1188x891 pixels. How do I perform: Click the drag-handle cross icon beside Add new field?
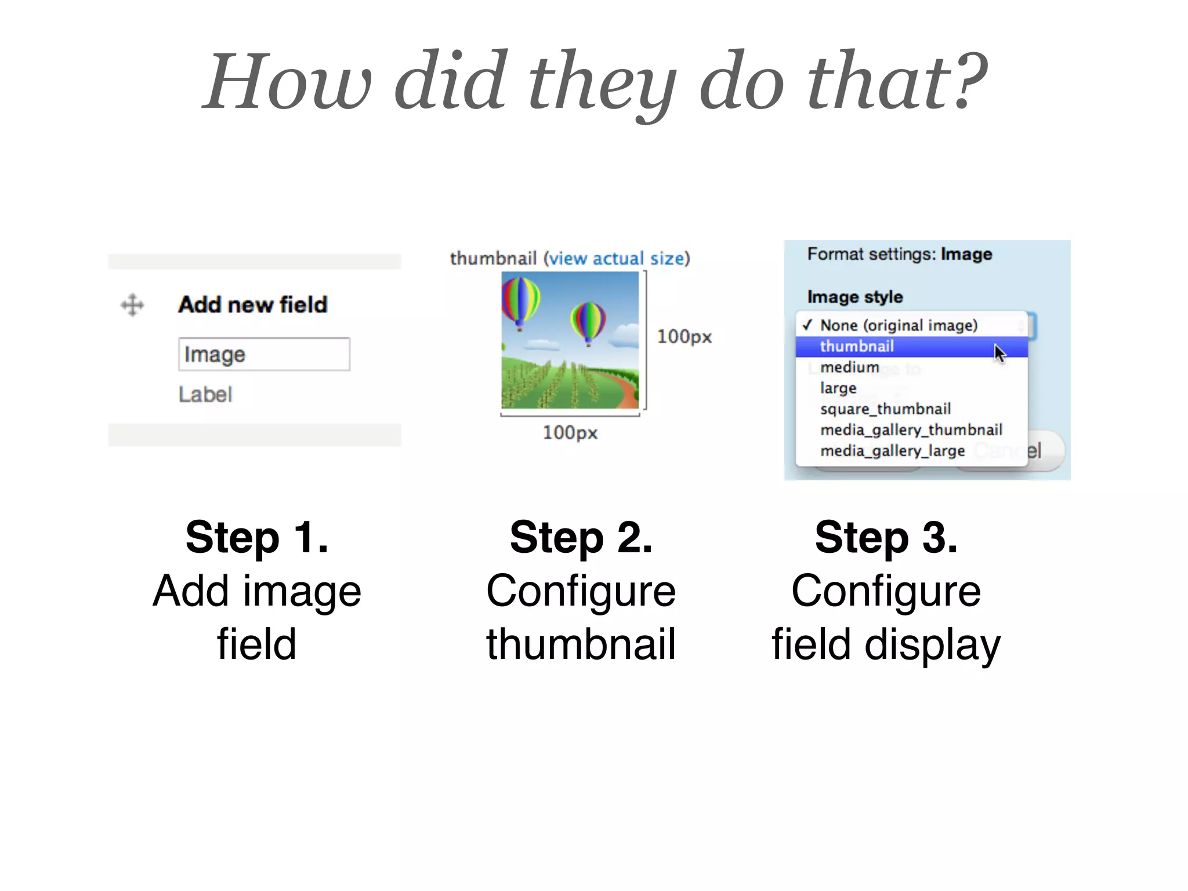click(x=132, y=305)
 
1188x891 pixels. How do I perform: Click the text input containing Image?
click(x=264, y=354)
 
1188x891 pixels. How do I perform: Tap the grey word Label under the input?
click(x=205, y=394)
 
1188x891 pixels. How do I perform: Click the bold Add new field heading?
click(x=253, y=305)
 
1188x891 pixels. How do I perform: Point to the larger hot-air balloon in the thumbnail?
click(x=520, y=300)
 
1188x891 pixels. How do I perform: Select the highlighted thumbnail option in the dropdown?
click(x=857, y=346)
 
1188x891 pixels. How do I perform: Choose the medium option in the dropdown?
click(x=849, y=367)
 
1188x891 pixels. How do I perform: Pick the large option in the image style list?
click(x=838, y=388)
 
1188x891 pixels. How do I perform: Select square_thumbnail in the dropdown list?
click(x=885, y=409)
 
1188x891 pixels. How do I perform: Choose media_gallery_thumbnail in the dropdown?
click(x=911, y=430)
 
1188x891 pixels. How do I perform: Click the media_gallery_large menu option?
click(x=892, y=451)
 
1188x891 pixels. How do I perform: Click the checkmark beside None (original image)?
click(x=807, y=325)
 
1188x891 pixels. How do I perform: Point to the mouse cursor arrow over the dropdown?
click(x=999, y=352)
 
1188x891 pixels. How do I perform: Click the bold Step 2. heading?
click(x=581, y=538)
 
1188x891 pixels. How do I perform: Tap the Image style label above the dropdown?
click(x=854, y=297)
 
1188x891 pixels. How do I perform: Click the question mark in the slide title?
click(x=970, y=81)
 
